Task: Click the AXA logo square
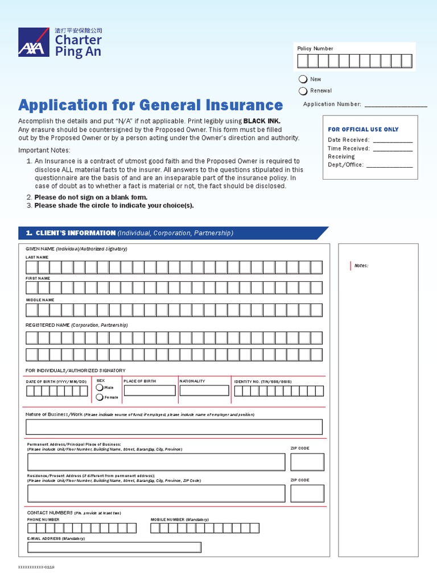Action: pyautogui.click(x=34, y=43)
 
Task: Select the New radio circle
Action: pyautogui.click(x=303, y=79)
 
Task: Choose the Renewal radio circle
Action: pyautogui.click(x=303, y=91)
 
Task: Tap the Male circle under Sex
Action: pyautogui.click(x=100, y=388)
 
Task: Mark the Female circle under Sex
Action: pyautogui.click(x=100, y=397)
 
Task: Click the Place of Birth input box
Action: pyautogui.click(x=150, y=390)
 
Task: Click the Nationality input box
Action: pyautogui.click(x=204, y=390)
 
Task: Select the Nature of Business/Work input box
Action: pyautogui.click(x=174, y=427)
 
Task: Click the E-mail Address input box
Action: pyautogui.click(x=114, y=547)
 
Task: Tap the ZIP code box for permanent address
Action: pyautogui.click(x=307, y=462)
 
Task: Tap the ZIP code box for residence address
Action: pyautogui.click(x=307, y=493)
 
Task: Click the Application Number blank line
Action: pyautogui.click(x=395, y=105)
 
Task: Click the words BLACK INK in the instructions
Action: pyautogui.click(x=262, y=121)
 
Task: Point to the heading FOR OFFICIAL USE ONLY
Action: pyautogui.click(x=363, y=130)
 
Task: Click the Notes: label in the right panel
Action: pyautogui.click(x=361, y=265)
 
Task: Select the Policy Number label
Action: pyautogui.click(x=315, y=49)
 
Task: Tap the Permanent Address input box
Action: pyautogui.click(x=155, y=462)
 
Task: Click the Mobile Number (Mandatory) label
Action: pyautogui.click(x=180, y=519)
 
